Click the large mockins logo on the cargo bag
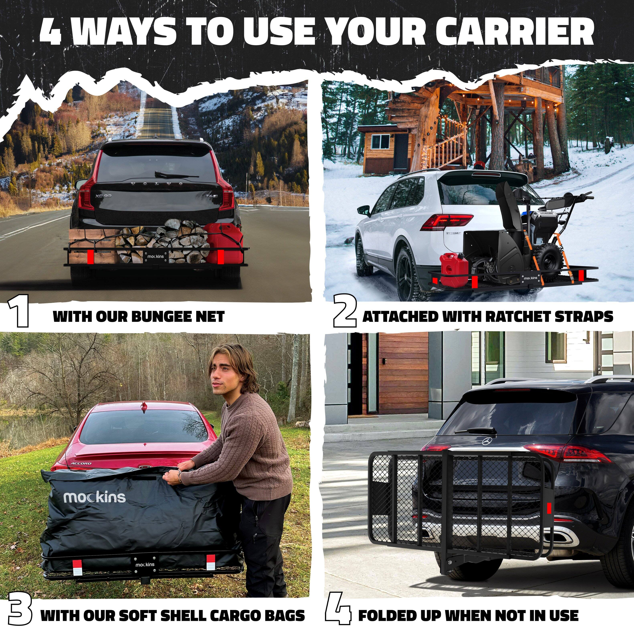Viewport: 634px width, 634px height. [95, 497]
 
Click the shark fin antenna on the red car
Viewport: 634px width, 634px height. [143, 406]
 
